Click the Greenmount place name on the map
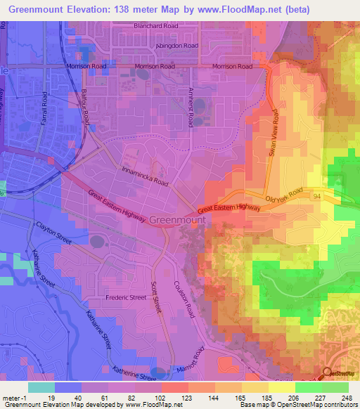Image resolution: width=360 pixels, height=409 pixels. tap(178, 220)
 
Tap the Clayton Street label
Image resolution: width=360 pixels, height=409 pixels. tap(53, 232)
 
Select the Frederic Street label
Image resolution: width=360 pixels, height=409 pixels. tap(126, 297)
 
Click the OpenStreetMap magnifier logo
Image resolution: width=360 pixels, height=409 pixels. tap(328, 375)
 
